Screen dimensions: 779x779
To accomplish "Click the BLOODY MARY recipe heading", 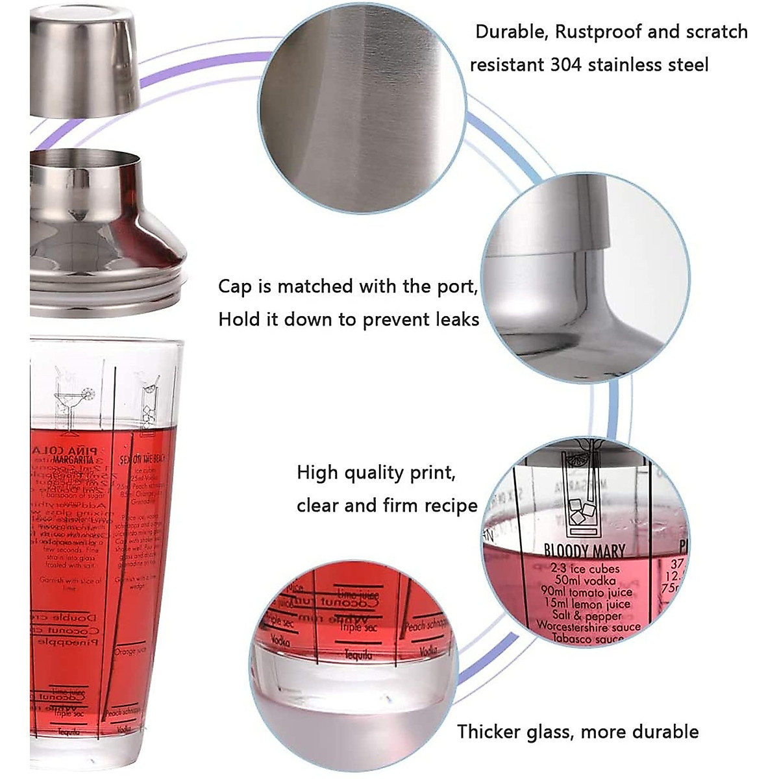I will point(584,552).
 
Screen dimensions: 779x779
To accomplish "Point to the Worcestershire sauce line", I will point(588,627).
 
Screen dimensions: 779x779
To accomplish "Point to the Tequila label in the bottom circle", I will point(359,656).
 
